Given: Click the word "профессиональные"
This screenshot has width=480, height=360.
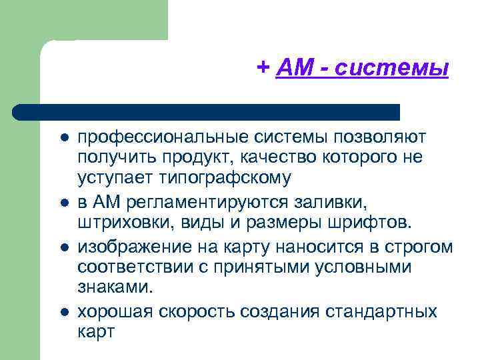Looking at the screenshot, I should click(x=163, y=137).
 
